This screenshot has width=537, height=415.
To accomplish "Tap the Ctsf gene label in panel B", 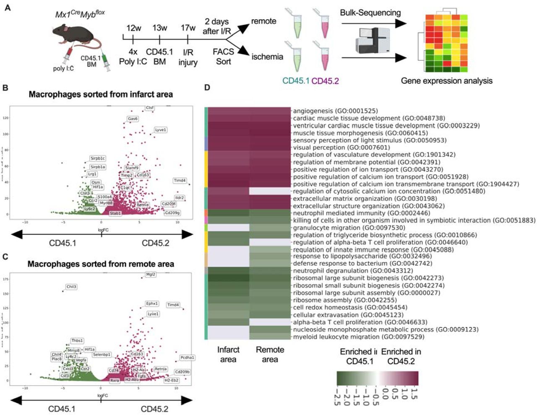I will pos(149,108).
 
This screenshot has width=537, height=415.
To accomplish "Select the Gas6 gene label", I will pos(133,119).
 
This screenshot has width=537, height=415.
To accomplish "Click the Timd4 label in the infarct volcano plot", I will pos(180,180).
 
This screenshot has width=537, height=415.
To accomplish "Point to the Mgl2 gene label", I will pos(151,274).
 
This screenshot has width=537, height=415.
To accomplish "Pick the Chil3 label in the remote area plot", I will pos(71,287).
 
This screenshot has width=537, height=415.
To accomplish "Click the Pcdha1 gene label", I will pos(187,358).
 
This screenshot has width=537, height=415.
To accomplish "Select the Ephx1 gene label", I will pos(152,303).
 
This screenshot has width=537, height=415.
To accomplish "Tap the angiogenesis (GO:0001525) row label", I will pos(335,111).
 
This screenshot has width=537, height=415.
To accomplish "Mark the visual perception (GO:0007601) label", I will pos(341,148).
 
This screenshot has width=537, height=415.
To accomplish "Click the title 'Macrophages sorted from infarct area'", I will pos(101,94).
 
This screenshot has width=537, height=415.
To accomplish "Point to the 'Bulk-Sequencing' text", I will pos(370,13).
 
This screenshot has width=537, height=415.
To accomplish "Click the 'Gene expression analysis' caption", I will pos(446,81).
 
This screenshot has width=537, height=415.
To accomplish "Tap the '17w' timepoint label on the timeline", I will pos(188,28).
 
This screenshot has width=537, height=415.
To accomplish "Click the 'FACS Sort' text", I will pos(223,57).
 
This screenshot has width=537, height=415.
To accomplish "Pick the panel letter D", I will pos(207,88).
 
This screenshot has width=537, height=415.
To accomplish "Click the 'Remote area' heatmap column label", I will pos(270,354).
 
